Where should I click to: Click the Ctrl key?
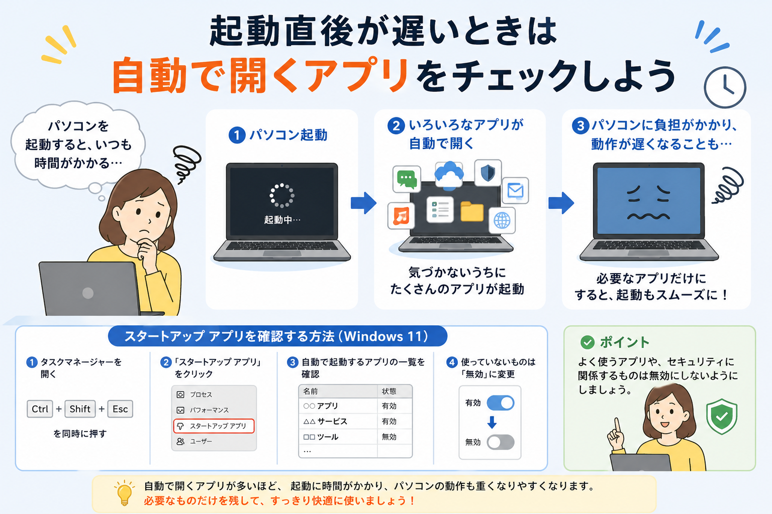pos(40,409)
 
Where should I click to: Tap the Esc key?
pos(120,409)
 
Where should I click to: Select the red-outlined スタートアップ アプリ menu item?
pos(214,426)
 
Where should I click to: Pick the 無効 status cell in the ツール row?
pos(389,437)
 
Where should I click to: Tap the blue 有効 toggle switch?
pos(501,403)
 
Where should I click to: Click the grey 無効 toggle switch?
pos(501,442)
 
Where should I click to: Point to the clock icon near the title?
pos(725,87)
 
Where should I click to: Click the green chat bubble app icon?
pos(407,179)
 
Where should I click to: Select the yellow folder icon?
pos(472,211)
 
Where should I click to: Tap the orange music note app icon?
pos(401,216)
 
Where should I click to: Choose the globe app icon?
pos(502,220)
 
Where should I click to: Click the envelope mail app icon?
pos(515,190)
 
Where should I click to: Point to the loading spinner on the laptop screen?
pos(282,196)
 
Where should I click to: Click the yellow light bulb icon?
pos(125,493)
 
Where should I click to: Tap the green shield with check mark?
pos(722,417)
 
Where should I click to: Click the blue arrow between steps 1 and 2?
pos(363,203)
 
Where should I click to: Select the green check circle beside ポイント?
pos(587,342)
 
